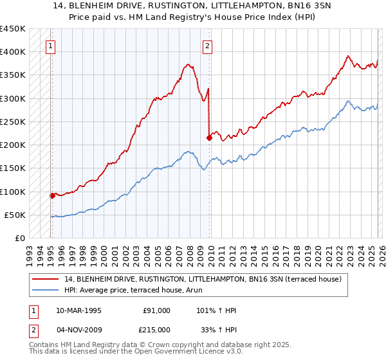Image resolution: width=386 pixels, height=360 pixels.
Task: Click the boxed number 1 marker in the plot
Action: [50, 46]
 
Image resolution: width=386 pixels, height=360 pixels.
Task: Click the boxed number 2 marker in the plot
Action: [208, 46]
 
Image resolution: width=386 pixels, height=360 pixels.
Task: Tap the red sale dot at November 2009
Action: [209, 138]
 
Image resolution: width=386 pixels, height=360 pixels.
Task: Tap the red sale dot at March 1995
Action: [52, 195]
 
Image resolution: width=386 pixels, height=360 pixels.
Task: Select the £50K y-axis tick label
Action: [15, 215]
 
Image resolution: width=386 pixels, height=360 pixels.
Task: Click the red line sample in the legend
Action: [45, 278]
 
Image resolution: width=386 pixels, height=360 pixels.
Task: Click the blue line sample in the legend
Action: [45, 289]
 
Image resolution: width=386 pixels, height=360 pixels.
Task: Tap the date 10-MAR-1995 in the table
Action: [80, 310]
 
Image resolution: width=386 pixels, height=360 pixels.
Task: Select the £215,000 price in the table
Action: [156, 329]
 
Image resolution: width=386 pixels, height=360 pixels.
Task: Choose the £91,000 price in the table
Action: [156, 310]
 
